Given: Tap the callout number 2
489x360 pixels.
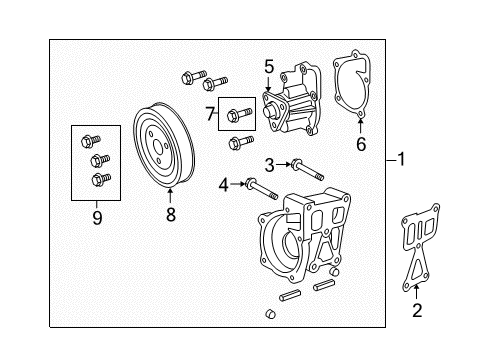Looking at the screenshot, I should pos(417,311).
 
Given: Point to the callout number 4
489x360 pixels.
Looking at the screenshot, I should pos(224,183).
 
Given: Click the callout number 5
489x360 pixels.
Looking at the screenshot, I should pos(269,68).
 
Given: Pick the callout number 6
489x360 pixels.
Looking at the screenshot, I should pos(361,143).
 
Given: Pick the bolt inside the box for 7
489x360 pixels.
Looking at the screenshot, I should pos(238,114).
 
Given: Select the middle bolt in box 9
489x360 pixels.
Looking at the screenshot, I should pos(96,159).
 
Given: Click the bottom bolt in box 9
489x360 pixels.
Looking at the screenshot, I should pos(99,179).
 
